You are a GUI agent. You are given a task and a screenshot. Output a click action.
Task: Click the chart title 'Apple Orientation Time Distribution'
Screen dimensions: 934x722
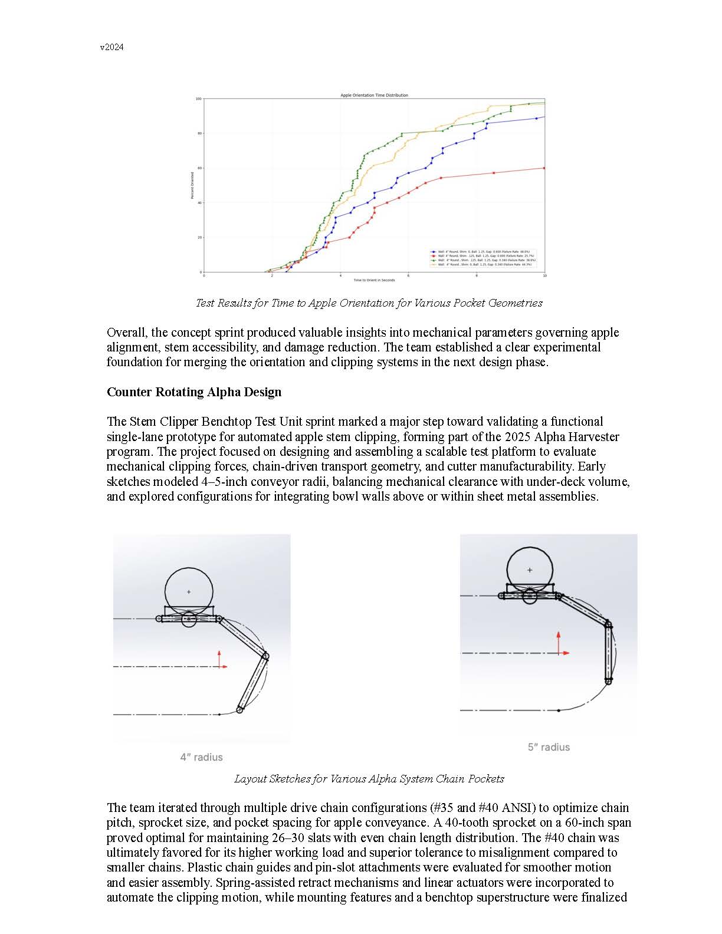tap(374, 95)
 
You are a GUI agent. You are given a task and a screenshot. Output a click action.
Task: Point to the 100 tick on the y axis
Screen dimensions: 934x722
tap(199, 99)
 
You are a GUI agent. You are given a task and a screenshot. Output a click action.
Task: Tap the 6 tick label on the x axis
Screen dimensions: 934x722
tap(408, 275)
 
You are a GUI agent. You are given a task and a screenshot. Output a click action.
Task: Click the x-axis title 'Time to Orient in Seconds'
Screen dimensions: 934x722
tap(374, 280)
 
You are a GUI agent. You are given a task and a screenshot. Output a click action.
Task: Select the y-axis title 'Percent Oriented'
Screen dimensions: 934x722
tap(192, 185)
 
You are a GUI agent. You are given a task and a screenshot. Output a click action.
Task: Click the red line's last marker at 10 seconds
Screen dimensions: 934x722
tap(544, 168)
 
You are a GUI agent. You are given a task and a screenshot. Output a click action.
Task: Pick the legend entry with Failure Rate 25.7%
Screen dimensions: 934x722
tap(484, 256)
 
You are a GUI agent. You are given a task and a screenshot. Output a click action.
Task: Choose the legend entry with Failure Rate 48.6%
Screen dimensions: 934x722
tap(484, 251)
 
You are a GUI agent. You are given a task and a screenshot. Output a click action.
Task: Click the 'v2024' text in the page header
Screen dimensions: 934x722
tap(112, 48)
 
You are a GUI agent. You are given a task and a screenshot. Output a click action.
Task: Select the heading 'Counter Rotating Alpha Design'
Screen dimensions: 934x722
tap(194, 392)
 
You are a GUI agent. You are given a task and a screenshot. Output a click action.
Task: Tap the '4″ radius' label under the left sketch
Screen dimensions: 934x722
tap(201, 757)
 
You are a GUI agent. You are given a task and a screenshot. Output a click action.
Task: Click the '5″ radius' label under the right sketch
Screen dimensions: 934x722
tap(549, 747)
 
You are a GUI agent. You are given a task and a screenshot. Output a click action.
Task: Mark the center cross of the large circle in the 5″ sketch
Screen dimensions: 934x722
tap(530, 570)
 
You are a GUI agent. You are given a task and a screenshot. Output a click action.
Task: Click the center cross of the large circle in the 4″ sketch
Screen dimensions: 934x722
tap(189, 591)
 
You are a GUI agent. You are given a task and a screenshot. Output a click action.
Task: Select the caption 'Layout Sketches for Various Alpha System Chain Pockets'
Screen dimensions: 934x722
tap(369, 779)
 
